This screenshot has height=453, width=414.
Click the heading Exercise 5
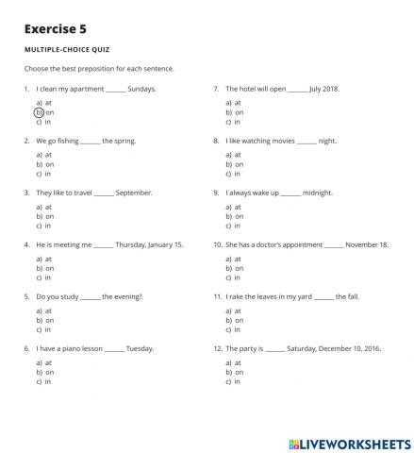(x=56, y=29)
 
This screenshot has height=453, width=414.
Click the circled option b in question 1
(x=40, y=112)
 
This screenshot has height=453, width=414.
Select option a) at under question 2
(x=43, y=154)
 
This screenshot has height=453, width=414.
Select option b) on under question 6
(x=43, y=372)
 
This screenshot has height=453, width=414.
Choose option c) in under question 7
(x=235, y=122)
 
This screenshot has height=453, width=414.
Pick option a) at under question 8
(x=235, y=154)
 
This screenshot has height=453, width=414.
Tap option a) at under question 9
(x=235, y=206)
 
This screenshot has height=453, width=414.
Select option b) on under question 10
(x=235, y=268)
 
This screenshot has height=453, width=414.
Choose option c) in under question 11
(x=235, y=329)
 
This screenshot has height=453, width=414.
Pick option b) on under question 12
(x=235, y=372)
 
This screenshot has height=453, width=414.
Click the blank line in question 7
(x=297, y=90)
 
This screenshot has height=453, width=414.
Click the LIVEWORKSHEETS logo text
(x=348, y=442)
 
